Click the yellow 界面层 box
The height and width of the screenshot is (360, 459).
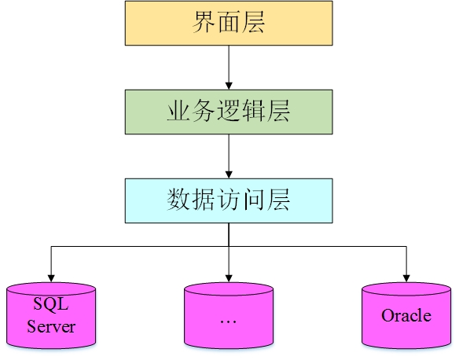(229, 23)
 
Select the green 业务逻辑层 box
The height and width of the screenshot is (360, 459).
(229, 112)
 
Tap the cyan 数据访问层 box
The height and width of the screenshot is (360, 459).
(229, 200)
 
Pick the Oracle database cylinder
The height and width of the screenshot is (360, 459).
(406, 316)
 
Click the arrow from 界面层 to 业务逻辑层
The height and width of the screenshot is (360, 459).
(229, 67)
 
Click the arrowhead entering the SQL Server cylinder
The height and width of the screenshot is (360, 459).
(51, 277)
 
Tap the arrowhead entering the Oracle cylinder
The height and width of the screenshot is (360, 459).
(406, 277)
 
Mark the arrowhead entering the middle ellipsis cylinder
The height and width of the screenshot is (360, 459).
(228, 277)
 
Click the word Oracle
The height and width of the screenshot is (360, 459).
(406, 316)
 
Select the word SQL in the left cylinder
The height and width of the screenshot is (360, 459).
(51, 303)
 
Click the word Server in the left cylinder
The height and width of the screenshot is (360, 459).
(51, 325)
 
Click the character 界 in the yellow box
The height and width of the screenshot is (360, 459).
(203, 23)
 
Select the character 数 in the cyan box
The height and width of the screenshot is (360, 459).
(178, 200)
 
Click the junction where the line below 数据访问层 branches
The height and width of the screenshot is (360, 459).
(229, 247)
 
